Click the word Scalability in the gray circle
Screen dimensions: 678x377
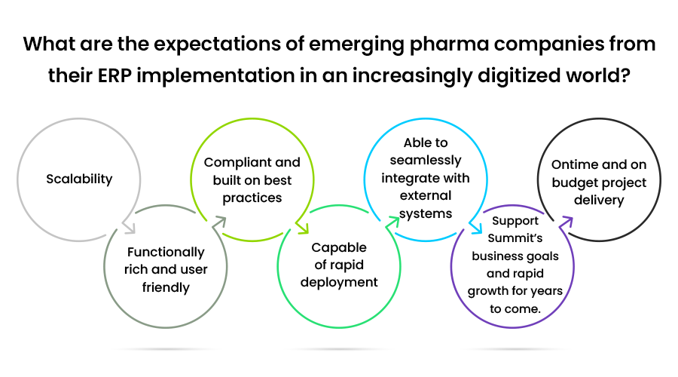tap(79, 179)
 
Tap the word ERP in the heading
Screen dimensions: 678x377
tap(115, 75)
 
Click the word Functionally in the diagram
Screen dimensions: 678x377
tap(166, 253)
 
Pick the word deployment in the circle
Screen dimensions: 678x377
tap(339, 283)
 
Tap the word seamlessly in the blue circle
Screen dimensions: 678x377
tap(426, 161)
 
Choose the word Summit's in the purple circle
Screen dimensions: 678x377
tap(515, 238)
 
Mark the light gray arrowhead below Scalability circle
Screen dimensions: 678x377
tap(129, 227)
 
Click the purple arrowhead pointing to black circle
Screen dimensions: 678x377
tap(566, 222)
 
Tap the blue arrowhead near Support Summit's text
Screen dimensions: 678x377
tap(476, 227)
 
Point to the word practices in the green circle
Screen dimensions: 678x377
tap(252, 198)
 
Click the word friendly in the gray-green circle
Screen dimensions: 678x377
tap(166, 288)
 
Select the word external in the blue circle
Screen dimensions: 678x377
tap(426, 195)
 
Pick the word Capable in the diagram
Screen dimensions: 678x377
tap(339, 247)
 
